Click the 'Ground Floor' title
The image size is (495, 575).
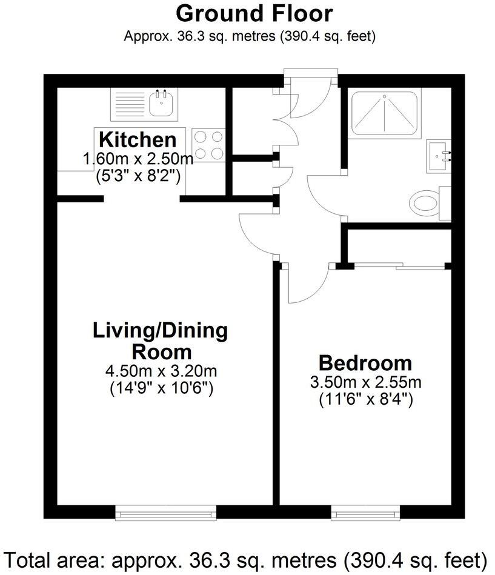(254, 13)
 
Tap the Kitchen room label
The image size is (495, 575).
(138, 140)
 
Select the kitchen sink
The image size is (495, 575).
(161, 104)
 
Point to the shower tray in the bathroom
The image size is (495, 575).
(385, 114)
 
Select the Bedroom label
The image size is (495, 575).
(365, 364)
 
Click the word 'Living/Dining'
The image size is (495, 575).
(160, 331)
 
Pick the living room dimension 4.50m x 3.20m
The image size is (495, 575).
(161, 371)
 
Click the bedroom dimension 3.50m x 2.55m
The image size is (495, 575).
(365, 382)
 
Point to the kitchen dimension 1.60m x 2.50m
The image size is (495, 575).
(138, 160)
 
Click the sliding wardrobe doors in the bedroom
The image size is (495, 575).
(400, 265)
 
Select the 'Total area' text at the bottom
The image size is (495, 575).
(247, 558)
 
